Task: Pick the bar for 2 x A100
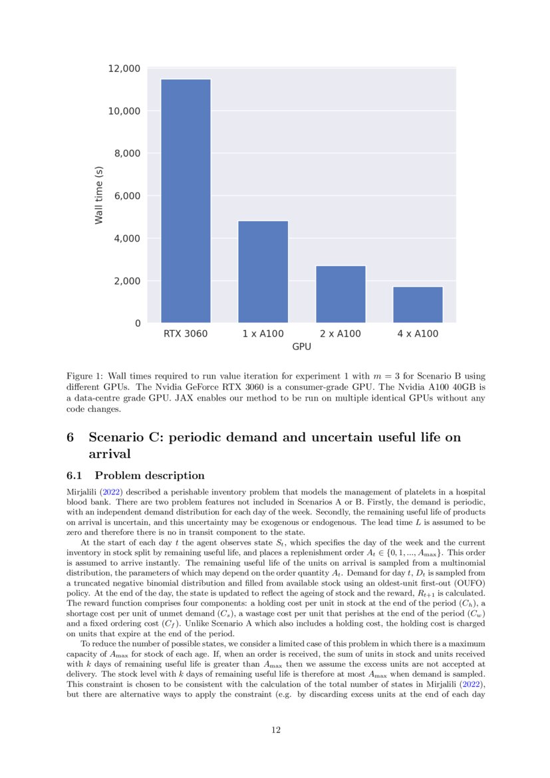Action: [x=341, y=294]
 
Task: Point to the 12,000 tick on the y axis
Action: [x=124, y=69]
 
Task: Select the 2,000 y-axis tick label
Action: [x=126, y=281]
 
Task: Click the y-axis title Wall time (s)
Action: [x=99, y=196]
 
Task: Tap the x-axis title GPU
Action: [x=301, y=347]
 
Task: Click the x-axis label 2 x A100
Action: [x=341, y=333]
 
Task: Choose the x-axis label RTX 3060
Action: [x=186, y=333]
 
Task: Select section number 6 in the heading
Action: [x=70, y=437]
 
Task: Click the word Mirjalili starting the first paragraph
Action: [x=82, y=490]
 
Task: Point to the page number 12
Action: [x=275, y=730]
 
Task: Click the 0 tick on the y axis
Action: [x=138, y=323]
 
